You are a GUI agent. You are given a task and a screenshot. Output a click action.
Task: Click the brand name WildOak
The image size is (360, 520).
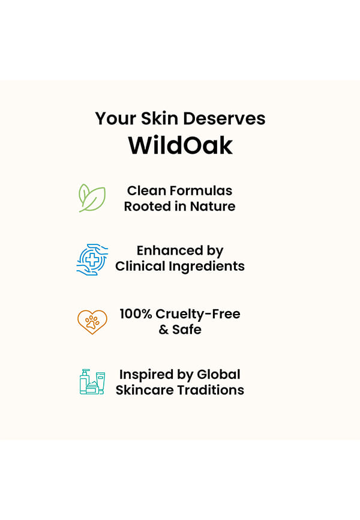click(x=181, y=145)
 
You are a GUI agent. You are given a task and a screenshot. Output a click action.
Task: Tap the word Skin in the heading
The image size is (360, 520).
click(x=159, y=118)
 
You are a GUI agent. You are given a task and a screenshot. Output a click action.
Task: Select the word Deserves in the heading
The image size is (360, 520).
click(x=224, y=118)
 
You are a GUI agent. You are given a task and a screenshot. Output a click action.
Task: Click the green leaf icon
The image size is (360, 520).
click(x=92, y=198)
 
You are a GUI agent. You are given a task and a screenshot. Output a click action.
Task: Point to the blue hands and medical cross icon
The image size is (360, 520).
click(x=92, y=259)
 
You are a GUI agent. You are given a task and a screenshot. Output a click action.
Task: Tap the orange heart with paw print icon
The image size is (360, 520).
click(x=92, y=322)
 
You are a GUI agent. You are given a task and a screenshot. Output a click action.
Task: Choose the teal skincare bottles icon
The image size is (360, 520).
click(x=92, y=381)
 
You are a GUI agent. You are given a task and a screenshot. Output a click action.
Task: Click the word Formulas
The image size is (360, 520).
click(x=201, y=191)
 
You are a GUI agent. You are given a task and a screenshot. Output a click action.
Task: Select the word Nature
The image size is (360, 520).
click(x=212, y=207)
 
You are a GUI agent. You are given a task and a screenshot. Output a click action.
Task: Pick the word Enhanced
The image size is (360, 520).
click(x=170, y=250)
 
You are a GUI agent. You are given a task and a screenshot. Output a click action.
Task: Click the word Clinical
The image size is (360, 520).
click(x=140, y=266)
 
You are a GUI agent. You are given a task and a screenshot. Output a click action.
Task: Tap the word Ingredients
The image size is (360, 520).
click(x=206, y=267)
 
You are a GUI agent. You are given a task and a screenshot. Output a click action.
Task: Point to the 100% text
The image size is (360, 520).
click(x=136, y=313)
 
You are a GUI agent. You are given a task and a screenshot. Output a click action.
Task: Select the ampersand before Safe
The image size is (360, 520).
click(x=163, y=330)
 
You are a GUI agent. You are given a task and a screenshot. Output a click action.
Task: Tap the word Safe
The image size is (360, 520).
click(x=187, y=329)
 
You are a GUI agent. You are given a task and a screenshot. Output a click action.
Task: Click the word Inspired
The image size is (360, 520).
click(x=146, y=375)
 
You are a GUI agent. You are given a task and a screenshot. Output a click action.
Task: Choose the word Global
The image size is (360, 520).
click(x=218, y=375)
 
